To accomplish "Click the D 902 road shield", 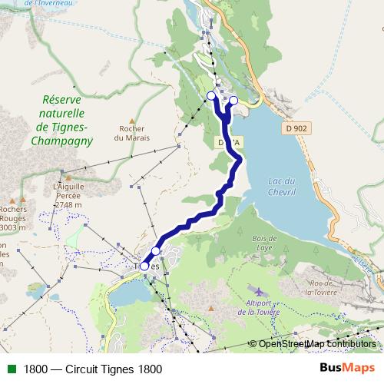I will tap(296, 128).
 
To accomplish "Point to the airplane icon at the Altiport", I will tap(259, 292).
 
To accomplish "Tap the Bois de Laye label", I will tap(263, 243).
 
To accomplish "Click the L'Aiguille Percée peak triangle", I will tap(68, 175).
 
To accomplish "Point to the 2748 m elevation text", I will tap(68, 205).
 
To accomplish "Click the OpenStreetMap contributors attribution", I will tap(316, 343).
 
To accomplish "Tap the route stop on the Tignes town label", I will tap(144, 266).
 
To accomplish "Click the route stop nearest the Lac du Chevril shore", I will tap(234, 100).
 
